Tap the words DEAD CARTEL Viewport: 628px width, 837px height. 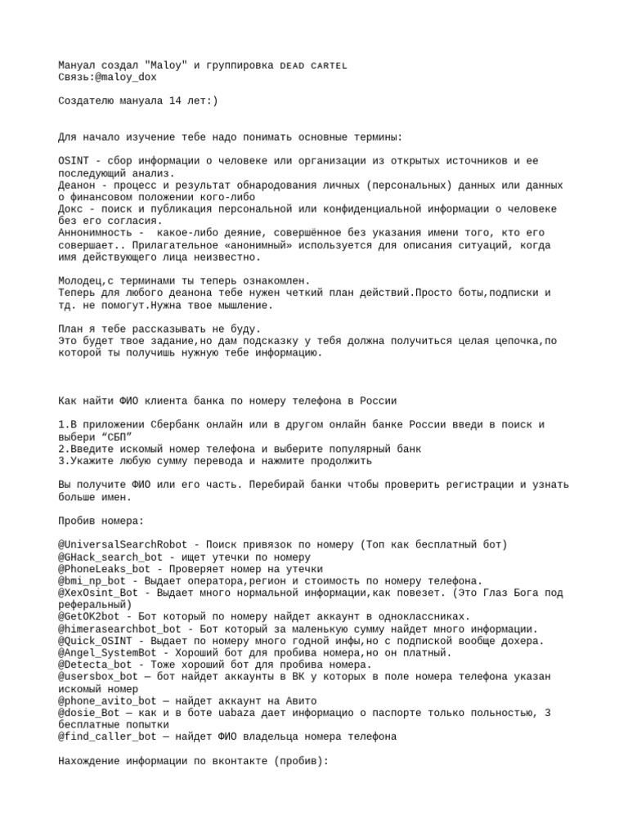click(314, 65)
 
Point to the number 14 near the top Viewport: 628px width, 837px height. click(175, 101)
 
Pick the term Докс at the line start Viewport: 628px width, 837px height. click(72, 208)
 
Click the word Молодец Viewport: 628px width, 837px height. click(84, 280)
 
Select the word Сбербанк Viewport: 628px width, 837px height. click(181, 425)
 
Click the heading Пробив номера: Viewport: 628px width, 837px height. click(101, 521)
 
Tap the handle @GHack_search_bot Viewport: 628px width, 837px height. click(111, 557)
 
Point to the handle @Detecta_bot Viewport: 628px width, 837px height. click(96, 665)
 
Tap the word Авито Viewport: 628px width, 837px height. click(299, 700)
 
